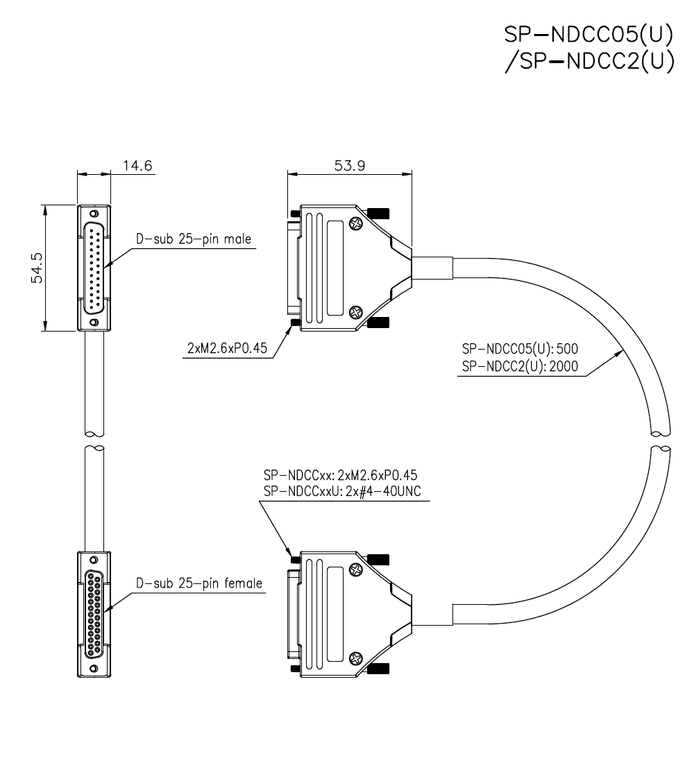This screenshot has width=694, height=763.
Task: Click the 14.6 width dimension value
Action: point(137,166)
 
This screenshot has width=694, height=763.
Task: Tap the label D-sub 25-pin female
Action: point(199,583)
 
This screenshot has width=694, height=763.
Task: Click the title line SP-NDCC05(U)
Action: point(589,35)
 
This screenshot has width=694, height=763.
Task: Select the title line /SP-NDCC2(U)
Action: point(589,62)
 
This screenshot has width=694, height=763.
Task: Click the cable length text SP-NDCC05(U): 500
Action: point(520,348)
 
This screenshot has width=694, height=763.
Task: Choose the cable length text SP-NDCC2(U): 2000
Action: point(520,366)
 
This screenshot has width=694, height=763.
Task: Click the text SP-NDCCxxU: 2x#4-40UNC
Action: point(343,492)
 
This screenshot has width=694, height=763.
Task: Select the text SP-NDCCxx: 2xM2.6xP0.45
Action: point(340,475)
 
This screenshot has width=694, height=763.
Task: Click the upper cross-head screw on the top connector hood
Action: point(356,224)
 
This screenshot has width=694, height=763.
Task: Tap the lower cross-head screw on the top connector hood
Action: point(356,313)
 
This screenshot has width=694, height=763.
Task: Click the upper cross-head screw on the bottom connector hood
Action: point(356,570)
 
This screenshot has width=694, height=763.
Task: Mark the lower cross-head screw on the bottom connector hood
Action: point(356,658)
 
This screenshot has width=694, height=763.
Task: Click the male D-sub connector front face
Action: point(93,267)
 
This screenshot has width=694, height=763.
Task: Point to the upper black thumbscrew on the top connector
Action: point(379,212)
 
